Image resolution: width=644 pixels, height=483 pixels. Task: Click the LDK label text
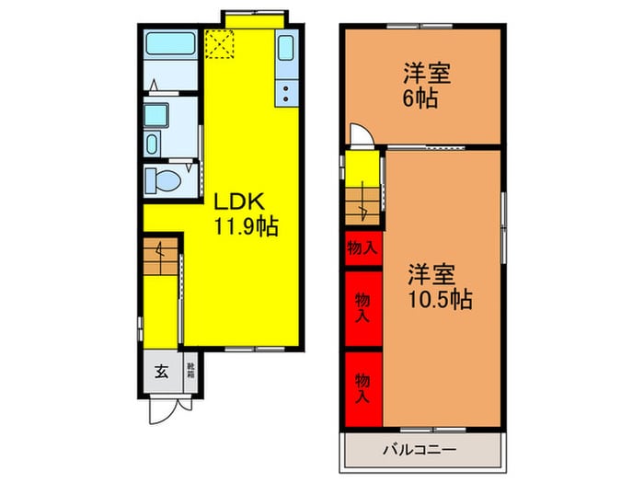(x=239, y=201)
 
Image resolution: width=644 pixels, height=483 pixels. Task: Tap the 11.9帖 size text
(x=247, y=224)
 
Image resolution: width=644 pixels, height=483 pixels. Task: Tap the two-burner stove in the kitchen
(x=285, y=91)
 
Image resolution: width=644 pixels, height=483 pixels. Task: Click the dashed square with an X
(x=221, y=43)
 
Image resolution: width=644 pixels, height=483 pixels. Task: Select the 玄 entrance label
(x=161, y=372)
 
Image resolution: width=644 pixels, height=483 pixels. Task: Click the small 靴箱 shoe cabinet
(x=190, y=372)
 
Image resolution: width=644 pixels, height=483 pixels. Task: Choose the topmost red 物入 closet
(x=362, y=247)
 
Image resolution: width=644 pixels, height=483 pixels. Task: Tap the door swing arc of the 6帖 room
(x=364, y=134)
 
